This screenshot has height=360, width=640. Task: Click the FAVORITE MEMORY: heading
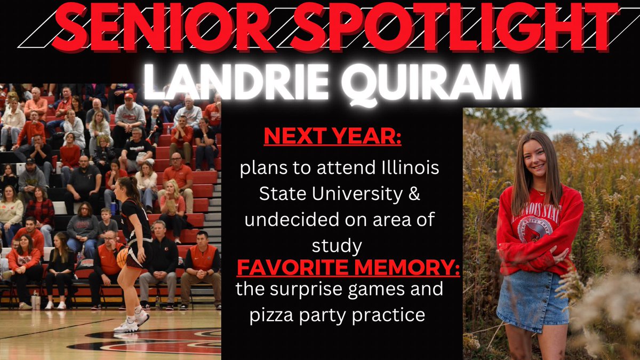tap(348, 265)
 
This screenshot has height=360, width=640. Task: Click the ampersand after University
tap(414, 195)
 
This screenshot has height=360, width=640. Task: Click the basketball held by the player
tap(123, 258)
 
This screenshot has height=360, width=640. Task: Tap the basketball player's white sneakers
tap(131, 322)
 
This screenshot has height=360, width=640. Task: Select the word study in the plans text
tap(339, 245)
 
